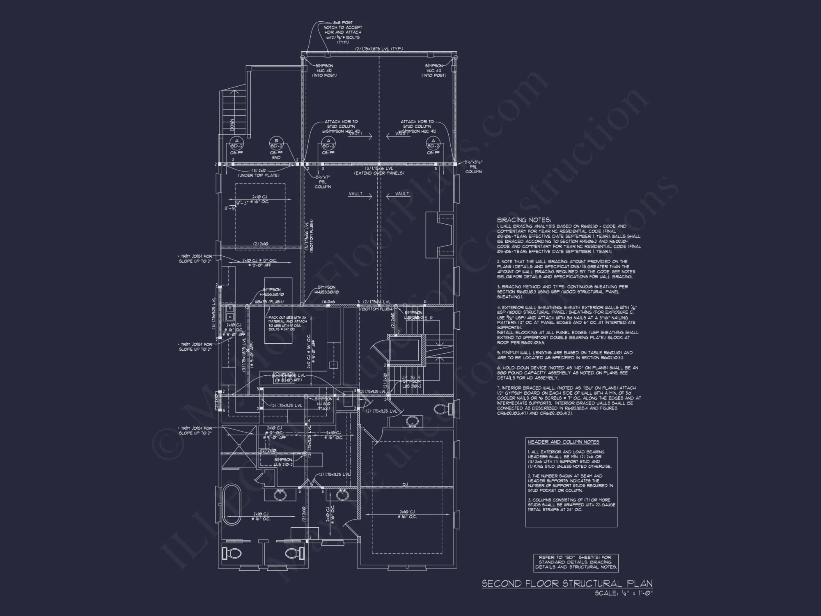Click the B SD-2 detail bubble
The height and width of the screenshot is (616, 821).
pyautogui.click(x=276, y=143)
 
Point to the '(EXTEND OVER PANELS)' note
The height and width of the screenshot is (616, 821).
pyautogui.click(x=379, y=173)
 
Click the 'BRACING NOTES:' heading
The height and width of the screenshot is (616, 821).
pyautogui.click(x=524, y=220)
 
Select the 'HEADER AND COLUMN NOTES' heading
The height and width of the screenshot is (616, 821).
pyautogui.click(x=563, y=442)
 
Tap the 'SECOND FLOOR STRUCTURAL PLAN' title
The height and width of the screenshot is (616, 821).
pyautogui.click(x=566, y=584)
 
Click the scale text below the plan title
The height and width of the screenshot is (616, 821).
pyautogui.click(x=624, y=593)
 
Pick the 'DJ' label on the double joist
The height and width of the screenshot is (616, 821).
pyautogui.click(x=405, y=485)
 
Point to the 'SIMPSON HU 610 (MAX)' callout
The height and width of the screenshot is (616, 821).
pyautogui.click(x=324, y=404)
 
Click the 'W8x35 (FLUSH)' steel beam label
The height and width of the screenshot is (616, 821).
pyautogui.click(x=269, y=302)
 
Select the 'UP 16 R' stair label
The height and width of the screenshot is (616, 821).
pyautogui.click(x=410, y=377)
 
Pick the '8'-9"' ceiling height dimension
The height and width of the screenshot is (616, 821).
pyautogui.click(x=229, y=209)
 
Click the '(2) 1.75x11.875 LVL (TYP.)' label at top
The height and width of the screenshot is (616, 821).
pyautogui.click(x=379, y=49)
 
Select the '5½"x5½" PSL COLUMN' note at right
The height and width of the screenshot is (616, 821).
pyautogui.click(x=473, y=167)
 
